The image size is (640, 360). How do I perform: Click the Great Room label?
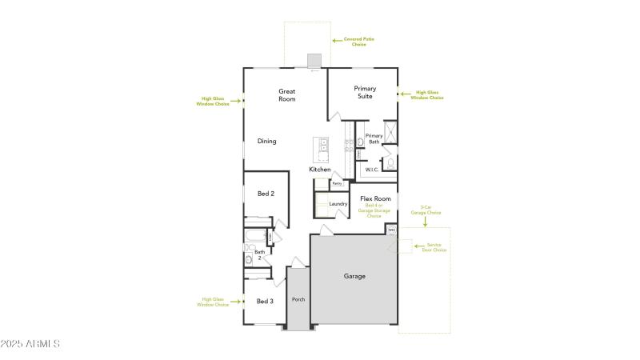pyautogui.click(x=287, y=95)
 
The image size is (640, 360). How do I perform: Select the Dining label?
pyautogui.click(x=266, y=142)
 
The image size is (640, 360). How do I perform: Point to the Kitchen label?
pyautogui.click(x=320, y=170)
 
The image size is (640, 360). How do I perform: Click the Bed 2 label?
pyautogui.click(x=266, y=194)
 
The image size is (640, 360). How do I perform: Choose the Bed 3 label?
pyautogui.click(x=265, y=301)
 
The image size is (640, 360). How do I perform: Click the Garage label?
pyautogui.click(x=354, y=276)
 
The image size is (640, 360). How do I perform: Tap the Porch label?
pyautogui.click(x=298, y=299)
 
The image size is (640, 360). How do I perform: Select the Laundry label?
pyautogui.click(x=338, y=204)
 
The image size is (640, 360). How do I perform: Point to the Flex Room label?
pyautogui.click(x=375, y=198)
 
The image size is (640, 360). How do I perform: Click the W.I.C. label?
pyautogui.click(x=371, y=170)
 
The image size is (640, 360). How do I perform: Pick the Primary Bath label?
pyautogui.click(x=374, y=138)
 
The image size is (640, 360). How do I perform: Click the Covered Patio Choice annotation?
pyautogui.click(x=359, y=40)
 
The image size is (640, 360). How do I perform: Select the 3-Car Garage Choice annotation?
pyautogui.click(x=426, y=211)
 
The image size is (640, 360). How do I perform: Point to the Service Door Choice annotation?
pyautogui.click(x=434, y=248)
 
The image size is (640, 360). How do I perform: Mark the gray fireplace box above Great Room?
pyautogui.click(x=314, y=61)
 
